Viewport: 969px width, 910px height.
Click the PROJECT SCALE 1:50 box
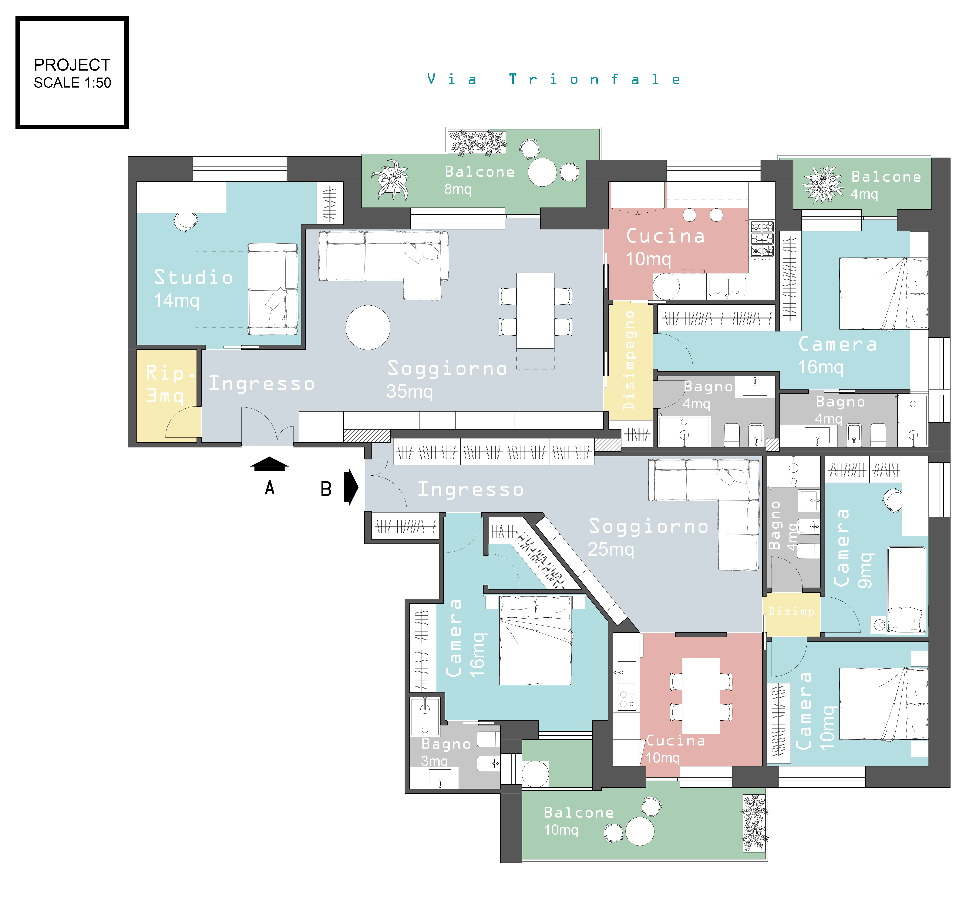(x=72, y=73)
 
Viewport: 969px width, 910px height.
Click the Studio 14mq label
(x=193, y=288)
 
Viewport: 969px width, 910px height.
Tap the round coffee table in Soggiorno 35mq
(x=368, y=327)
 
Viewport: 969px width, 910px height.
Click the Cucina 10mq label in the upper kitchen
(x=665, y=247)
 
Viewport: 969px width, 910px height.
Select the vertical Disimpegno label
(x=629, y=360)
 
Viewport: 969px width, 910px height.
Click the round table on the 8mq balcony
(x=542, y=172)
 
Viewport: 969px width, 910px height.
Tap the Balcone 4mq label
(x=886, y=185)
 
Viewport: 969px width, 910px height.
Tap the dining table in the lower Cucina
(x=701, y=696)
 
